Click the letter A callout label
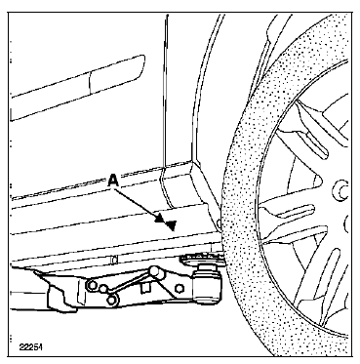coord(112,180)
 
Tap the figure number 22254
coord(30,347)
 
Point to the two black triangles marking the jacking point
coord(166,222)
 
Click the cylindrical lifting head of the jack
coord(208,284)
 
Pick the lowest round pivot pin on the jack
coord(112,300)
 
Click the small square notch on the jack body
coord(145,287)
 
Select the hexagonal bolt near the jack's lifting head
coord(180,288)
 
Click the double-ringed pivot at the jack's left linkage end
coord(92,285)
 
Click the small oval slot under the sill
coord(114,260)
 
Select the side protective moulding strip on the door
coord(77,88)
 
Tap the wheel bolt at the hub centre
coord(340,191)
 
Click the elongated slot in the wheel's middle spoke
coord(296,212)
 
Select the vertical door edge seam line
coord(165,91)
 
